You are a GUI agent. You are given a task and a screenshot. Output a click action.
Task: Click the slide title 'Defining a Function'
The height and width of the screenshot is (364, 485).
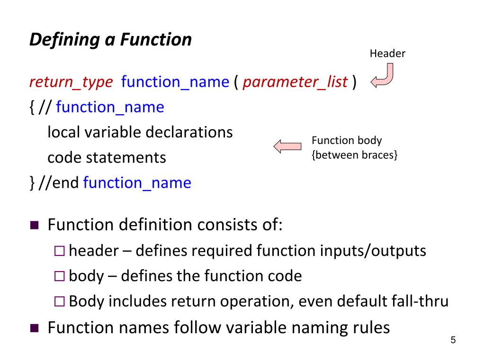click(x=110, y=40)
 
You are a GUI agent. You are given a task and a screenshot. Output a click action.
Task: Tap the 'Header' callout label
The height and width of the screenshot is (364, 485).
click(x=387, y=54)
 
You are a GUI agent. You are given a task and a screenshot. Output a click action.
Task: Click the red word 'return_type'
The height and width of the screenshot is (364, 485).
click(x=71, y=82)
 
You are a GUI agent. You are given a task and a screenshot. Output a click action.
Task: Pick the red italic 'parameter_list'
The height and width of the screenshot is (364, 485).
click(x=296, y=82)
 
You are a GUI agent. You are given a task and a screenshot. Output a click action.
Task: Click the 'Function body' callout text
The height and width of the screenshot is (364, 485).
click(x=347, y=140)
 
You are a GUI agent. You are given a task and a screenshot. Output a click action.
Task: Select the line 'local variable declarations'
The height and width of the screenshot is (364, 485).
click(x=140, y=132)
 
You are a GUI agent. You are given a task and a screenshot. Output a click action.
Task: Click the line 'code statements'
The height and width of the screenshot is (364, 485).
click(x=107, y=157)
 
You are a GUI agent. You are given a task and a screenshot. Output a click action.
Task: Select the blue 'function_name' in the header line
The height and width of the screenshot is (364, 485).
click(x=175, y=82)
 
